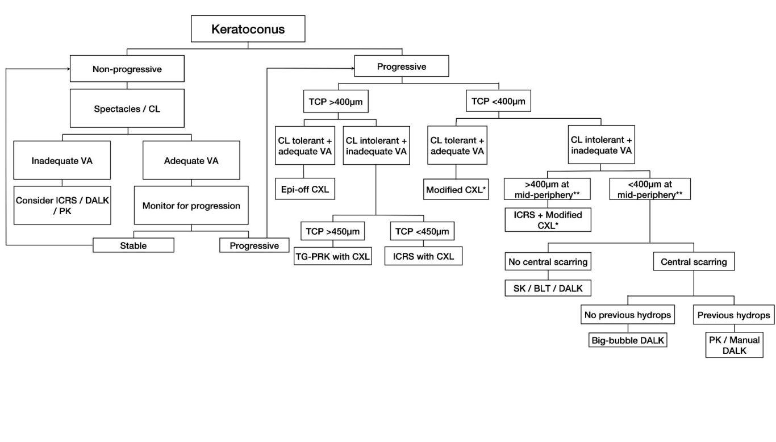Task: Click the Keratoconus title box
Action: pyautogui.click(x=248, y=29)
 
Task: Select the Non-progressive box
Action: pyautogui.click(x=127, y=69)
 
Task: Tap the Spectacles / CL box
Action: pyautogui.click(x=127, y=109)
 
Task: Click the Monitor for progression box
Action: pyautogui.click(x=191, y=206)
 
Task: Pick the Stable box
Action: pyautogui.click(x=133, y=245)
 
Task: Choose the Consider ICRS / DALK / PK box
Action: pyautogui.click(x=62, y=206)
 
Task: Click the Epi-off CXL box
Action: pyautogui.click(x=305, y=189)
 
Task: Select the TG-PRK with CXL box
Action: pyautogui.click(x=332, y=256)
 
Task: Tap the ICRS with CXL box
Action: pyautogui.click(x=423, y=256)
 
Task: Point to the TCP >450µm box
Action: pyautogui.click(x=332, y=231)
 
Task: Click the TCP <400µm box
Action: pyautogui.click(x=498, y=101)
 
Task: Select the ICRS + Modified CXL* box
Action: pyautogui.click(x=548, y=220)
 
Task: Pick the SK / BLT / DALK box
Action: pyautogui.click(x=548, y=288)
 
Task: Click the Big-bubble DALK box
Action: pyautogui.click(x=628, y=340)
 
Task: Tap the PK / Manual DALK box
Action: pyautogui.click(x=734, y=345)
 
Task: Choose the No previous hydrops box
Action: pyautogui.click(x=628, y=315)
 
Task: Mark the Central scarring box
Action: pyautogui.click(x=694, y=261)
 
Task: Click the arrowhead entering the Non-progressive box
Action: pyautogui.click(x=69, y=69)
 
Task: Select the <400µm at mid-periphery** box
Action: pyautogui.click(x=650, y=189)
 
